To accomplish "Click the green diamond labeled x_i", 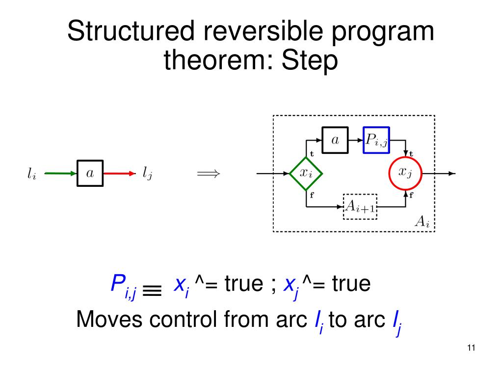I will click(306, 174).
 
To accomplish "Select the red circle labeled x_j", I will click(405, 174).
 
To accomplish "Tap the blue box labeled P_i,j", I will click(376, 140).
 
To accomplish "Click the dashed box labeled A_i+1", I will click(360, 206).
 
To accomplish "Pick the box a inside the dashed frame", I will click(335, 140).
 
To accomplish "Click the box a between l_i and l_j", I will click(90, 173).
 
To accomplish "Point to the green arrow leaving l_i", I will click(60, 173).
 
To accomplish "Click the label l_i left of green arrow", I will click(31, 174).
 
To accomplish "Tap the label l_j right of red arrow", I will click(147, 174).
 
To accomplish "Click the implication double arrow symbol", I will click(208, 174).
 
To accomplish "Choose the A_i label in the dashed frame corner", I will click(422, 222).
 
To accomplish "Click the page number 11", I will click(471, 348).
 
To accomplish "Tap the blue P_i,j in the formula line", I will click(123, 286).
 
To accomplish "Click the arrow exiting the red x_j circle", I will click(439, 174).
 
